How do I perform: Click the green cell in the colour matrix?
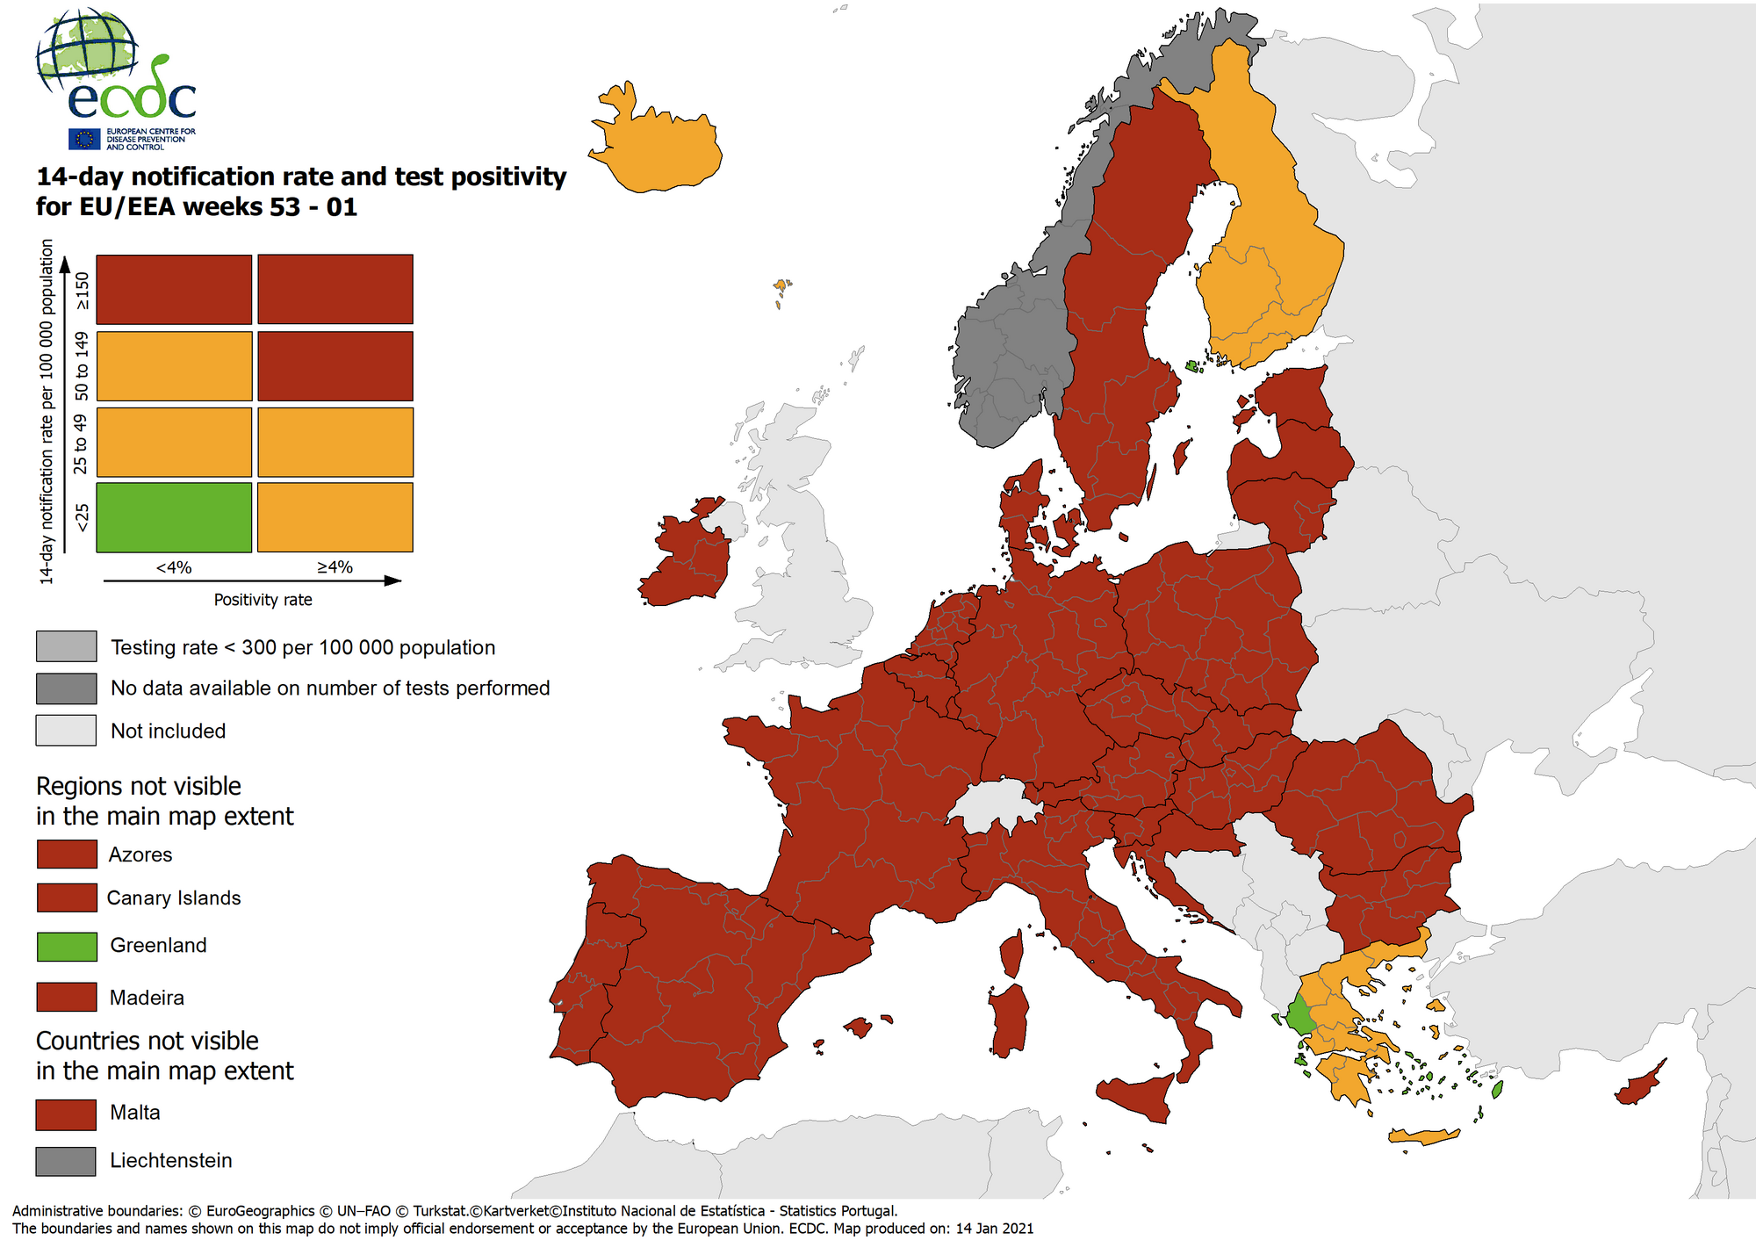pos(174,517)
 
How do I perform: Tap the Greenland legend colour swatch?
pos(67,946)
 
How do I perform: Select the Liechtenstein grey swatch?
pos(66,1161)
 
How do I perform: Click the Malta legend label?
pos(134,1113)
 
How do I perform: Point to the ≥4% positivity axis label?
pos(335,567)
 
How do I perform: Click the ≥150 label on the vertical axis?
pos(82,290)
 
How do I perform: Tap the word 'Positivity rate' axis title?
pos(263,600)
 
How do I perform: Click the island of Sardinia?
pos(1010,1019)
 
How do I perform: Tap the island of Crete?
pos(1422,1136)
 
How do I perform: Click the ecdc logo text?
pos(132,98)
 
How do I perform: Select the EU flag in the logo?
pos(85,139)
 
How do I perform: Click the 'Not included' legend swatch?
pos(66,731)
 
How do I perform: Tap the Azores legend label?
pos(140,854)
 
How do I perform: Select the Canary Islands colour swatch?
pos(67,898)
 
